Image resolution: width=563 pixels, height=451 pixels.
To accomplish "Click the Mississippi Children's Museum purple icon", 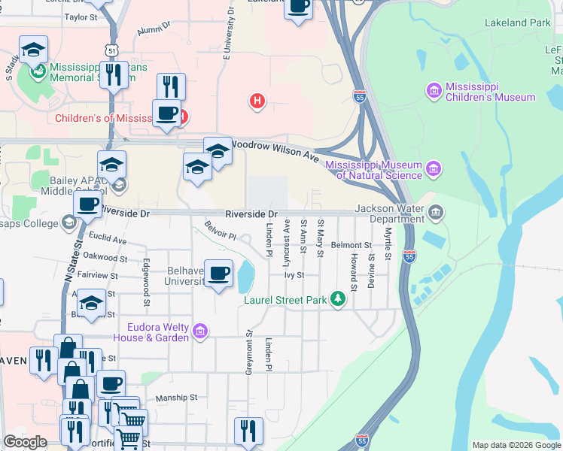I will [x=434, y=91].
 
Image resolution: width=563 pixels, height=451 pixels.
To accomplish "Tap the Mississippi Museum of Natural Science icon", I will [x=434, y=169].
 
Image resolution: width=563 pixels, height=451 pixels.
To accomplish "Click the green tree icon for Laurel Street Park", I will [x=339, y=300].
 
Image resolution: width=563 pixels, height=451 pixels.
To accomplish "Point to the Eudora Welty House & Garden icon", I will [x=200, y=331].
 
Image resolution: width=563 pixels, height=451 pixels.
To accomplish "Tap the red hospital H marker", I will [x=257, y=100].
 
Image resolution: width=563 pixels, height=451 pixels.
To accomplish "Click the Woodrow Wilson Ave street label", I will [x=275, y=148].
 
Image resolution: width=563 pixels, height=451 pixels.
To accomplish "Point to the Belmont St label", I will [x=351, y=245].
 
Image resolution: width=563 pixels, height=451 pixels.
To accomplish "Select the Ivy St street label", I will [x=294, y=275].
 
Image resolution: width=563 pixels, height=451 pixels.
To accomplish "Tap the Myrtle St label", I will [x=388, y=245].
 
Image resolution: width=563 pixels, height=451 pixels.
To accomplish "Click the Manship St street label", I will [x=175, y=398].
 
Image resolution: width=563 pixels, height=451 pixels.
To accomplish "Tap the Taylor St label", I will [x=81, y=17].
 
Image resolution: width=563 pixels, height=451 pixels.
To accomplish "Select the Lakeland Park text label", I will [x=519, y=23].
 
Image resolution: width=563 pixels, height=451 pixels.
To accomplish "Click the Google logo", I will [x=25, y=442].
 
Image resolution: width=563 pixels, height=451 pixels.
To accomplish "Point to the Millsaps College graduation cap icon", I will [x=69, y=222].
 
